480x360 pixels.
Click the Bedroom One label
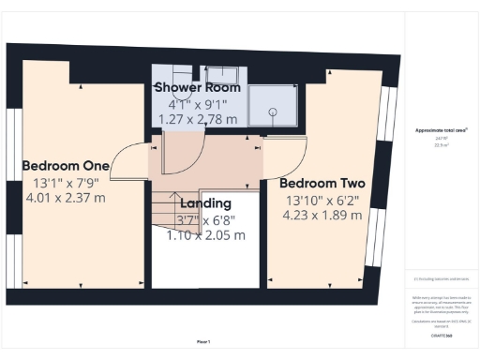(x=66, y=166)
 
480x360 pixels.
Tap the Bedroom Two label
(x=322, y=183)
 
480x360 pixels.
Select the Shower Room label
(x=198, y=87)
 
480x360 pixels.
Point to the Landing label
(x=205, y=203)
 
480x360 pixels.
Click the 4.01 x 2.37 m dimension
(x=66, y=198)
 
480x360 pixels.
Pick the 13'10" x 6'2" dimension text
(x=322, y=199)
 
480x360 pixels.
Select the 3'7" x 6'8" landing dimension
(x=205, y=219)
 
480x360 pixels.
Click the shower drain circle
(x=274, y=112)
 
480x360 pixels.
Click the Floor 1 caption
(x=203, y=341)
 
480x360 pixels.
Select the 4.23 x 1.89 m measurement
(x=322, y=215)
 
